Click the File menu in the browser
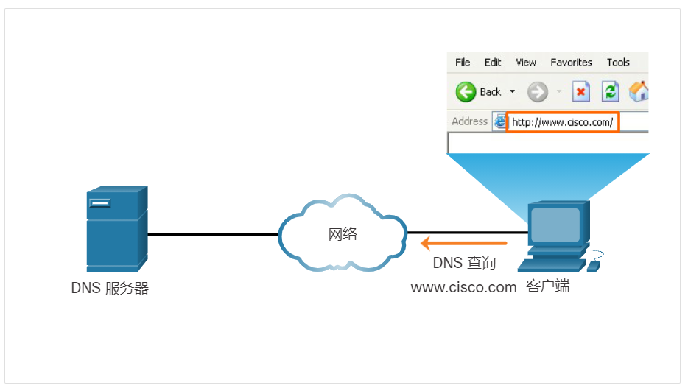click(x=463, y=63)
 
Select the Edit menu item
click(x=493, y=63)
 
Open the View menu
click(x=526, y=63)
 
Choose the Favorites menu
click(x=571, y=63)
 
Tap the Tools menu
click(x=618, y=63)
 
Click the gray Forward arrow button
click(x=538, y=92)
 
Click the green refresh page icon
click(x=611, y=92)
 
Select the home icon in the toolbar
click(x=639, y=92)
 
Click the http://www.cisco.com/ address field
click(x=563, y=122)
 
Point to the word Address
click(x=469, y=121)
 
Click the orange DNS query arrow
click(x=463, y=243)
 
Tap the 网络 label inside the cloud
click(x=343, y=234)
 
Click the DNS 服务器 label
click(x=110, y=289)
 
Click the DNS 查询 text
click(x=464, y=264)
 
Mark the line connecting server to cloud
click(x=213, y=235)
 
